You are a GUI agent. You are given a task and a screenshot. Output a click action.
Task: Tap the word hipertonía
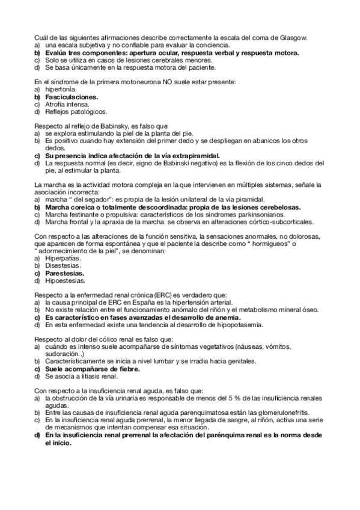click(57, 88)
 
